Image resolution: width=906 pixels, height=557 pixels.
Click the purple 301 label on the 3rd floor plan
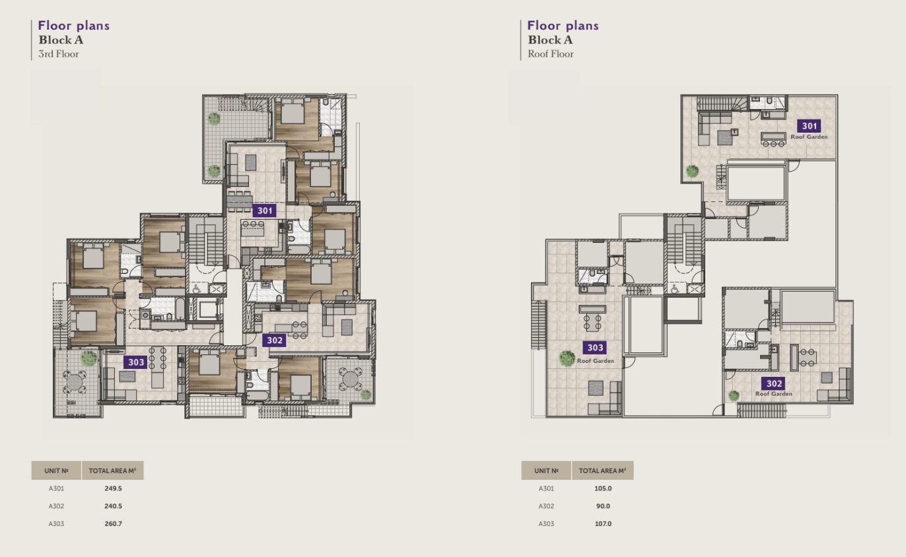(265, 211)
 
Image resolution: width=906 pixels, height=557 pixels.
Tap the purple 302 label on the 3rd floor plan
(274, 341)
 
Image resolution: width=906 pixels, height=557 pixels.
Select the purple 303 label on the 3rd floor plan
(135, 362)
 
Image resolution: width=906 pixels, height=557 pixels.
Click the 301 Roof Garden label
(809, 130)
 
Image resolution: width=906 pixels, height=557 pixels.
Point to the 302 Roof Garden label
(774, 387)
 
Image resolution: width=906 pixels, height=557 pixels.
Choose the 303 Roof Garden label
(596, 352)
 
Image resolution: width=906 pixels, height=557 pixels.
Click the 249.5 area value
(114, 488)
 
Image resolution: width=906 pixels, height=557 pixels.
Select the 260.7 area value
(114, 523)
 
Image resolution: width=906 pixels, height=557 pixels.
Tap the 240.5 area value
(114, 506)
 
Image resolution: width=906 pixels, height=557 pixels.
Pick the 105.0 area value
(603, 488)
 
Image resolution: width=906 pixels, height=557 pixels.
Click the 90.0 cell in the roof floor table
(603, 506)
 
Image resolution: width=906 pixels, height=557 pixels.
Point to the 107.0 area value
(603, 523)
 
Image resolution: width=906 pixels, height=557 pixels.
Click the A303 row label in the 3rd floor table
(56, 523)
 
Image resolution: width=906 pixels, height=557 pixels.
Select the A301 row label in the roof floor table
(546, 488)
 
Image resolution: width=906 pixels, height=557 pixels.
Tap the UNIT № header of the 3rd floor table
(56, 471)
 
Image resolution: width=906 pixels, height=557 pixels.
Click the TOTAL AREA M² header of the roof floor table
(602, 471)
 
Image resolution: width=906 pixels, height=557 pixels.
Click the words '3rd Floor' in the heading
(59, 53)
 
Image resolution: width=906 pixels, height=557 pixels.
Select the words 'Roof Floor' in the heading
(551, 53)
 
